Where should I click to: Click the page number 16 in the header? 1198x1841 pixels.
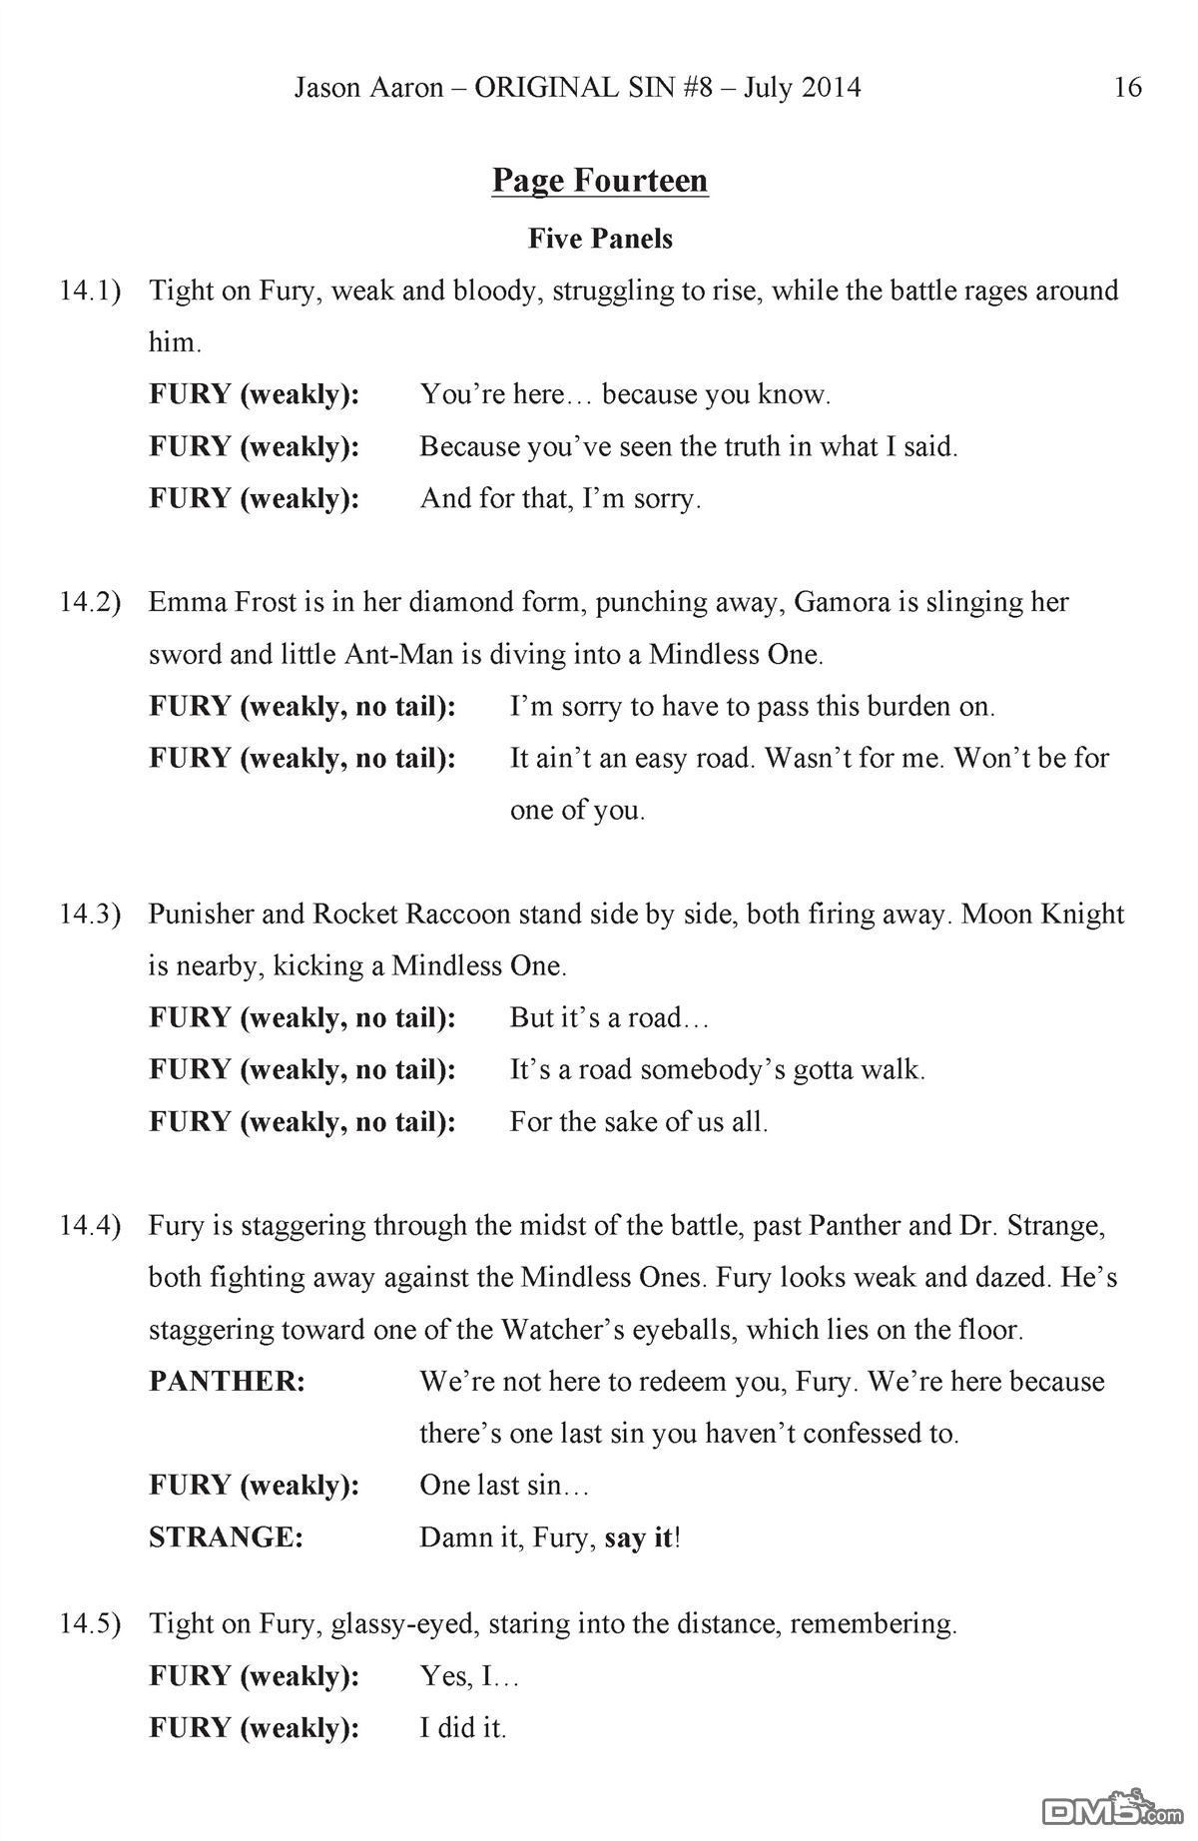(x=1127, y=88)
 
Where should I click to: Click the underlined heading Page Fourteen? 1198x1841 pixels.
(x=600, y=181)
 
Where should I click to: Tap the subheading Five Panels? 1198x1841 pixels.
(x=600, y=239)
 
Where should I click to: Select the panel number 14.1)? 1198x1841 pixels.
(x=90, y=292)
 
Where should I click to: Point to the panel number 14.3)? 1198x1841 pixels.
(x=90, y=915)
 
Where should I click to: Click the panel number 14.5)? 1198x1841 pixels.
(x=90, y=1623)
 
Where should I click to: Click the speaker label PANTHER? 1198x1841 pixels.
(x=227, y=1382)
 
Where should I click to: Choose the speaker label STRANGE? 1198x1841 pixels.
(x=226, y=1537)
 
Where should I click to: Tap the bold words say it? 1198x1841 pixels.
(x=639, y=1537)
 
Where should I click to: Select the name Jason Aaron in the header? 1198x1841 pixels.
(x=368, y=88)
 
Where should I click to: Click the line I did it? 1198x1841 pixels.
(x=463, y=1727)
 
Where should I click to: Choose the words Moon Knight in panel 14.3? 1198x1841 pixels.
(x=1042, y=915)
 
